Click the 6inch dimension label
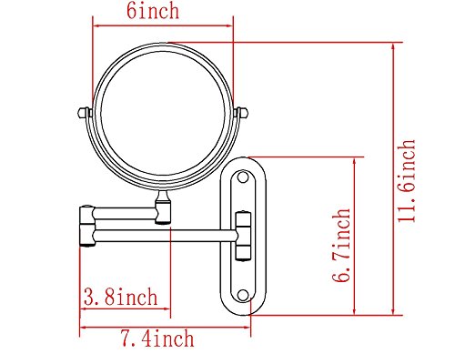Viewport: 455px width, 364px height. point(153,11)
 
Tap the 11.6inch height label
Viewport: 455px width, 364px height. point(407,181)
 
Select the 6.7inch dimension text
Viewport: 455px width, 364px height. point(341,245)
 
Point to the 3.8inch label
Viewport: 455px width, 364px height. point(121,297)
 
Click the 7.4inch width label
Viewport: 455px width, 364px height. point(157,338)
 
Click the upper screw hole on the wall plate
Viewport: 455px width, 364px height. point(243,177)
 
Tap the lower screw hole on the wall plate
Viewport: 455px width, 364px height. point(243,295)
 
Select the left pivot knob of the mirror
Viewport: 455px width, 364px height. point(85,113)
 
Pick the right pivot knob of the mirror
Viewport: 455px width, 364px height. point(241,113)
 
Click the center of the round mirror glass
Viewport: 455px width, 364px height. point(163,114)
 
